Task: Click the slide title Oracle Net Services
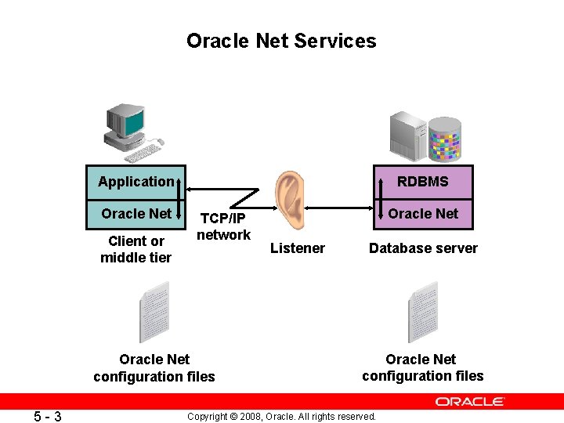point(281,41)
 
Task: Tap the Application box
point(136,182)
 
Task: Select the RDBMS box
point(423,182)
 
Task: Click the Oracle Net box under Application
point(136,213)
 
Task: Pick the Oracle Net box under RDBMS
point(423,213)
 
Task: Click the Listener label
point(297,248)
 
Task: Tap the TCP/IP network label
point(223,226)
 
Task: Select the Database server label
point(423,248)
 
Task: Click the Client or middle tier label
point(136,249)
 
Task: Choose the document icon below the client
point(154,313)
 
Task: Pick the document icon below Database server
point(422,312)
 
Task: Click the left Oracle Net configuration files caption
point(154,368)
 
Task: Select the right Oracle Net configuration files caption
point(422,367)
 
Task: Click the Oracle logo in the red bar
point(470,402)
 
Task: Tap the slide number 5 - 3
point(49,416)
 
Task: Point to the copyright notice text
point(282,416)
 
